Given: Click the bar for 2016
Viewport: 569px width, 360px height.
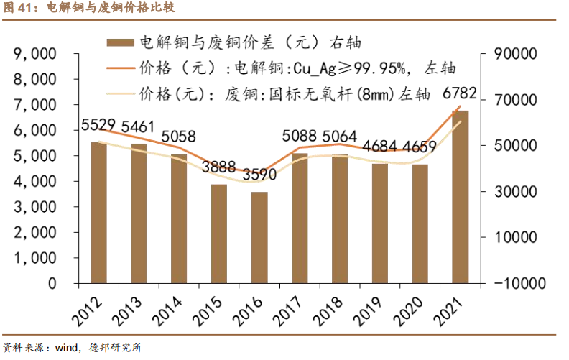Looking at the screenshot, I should [259, 237].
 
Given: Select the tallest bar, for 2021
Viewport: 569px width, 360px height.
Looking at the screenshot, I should [461, 197].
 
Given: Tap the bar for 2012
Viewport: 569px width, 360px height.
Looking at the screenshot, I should [98, 213].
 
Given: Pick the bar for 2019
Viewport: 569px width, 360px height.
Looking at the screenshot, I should [380, 223].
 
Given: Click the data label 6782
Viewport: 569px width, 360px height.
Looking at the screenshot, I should [461, 94].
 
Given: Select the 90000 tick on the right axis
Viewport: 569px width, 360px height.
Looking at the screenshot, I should [516, 54].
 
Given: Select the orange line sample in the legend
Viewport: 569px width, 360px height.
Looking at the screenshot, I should [120, 68].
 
